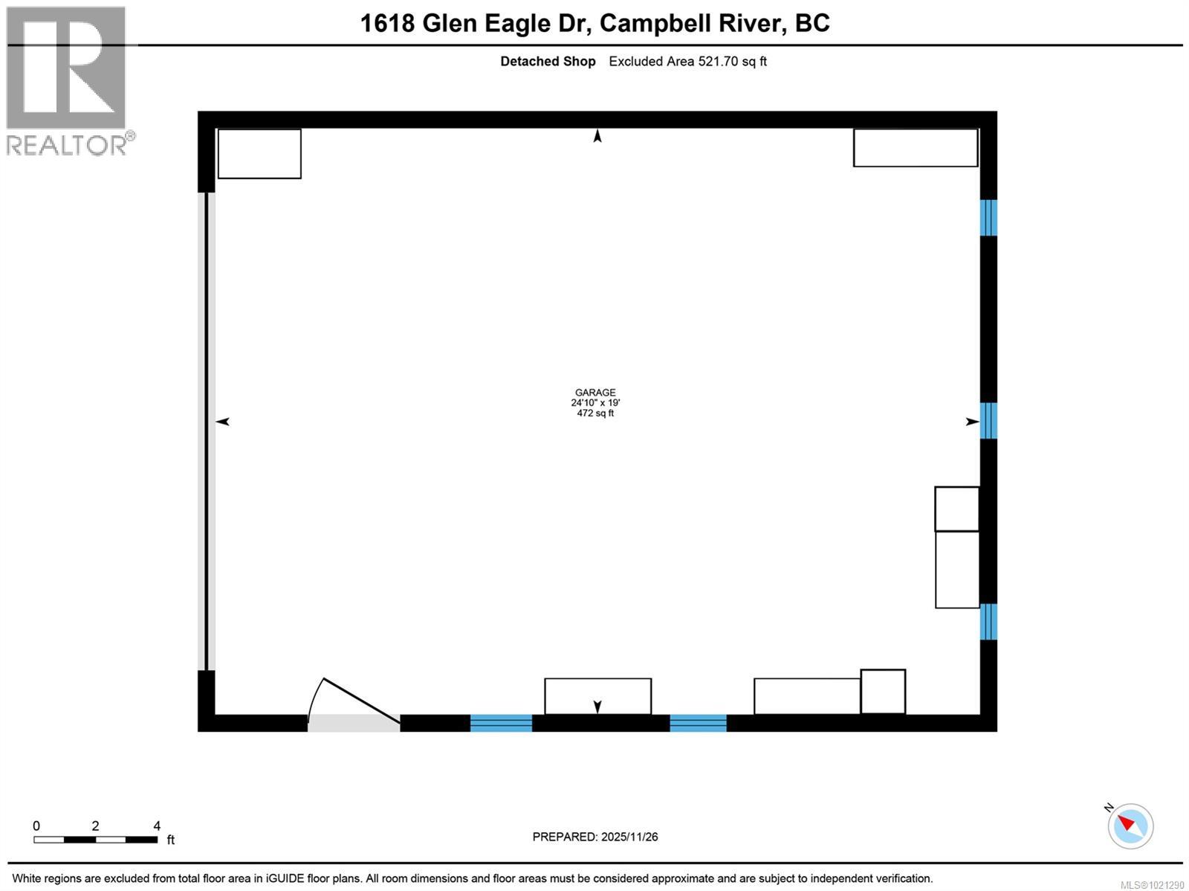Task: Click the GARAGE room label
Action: pos(595,393)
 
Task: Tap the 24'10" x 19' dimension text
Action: pos(595,403)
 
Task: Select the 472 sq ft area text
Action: pos(595,414)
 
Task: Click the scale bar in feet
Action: pos(95,840)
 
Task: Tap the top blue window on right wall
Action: pos(988,217)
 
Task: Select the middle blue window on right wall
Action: pos(988,420)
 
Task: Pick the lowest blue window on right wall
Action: pos(988,622)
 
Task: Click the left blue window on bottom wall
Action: pos(501,723)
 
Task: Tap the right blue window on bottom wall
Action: pos(698,723)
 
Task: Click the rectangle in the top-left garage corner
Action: pos(259,154)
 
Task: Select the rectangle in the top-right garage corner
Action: pos(916,148)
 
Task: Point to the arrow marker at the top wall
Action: pos(597,136)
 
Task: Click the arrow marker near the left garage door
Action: pos(223,422)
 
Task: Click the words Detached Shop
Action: pos(548,62)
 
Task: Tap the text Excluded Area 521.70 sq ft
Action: pos(687,62)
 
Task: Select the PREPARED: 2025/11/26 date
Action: pos(595,837)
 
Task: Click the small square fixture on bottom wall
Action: pos(883,692)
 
